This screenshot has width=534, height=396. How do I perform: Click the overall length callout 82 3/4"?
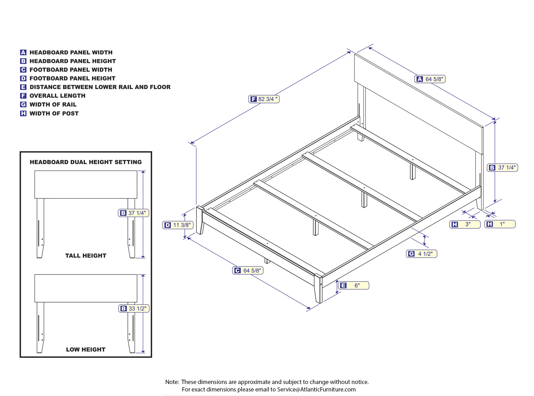coord(264,99)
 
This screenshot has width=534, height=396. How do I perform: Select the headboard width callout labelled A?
coord(430,79)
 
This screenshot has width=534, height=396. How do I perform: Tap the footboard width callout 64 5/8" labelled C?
coord(248,271)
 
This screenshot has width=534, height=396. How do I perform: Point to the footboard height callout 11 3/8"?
coord(178,225)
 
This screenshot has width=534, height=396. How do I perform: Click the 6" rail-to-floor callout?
coord(354,286)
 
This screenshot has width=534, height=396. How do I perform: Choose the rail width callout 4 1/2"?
coord(422,254)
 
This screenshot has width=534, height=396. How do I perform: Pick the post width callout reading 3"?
coord(465,224)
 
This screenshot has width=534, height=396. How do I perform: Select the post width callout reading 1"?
coord(500,224)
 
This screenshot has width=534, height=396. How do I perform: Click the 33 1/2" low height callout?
coord(134,309)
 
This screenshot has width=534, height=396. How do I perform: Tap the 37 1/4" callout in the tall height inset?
coord(133,213)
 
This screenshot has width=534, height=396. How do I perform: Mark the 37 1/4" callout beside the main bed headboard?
coord(502,168)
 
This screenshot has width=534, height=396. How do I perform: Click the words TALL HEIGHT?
coord(86,256)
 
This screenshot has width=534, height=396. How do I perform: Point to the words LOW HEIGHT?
coord(86,350)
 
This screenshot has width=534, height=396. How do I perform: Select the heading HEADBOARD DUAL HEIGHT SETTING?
coord(86,162)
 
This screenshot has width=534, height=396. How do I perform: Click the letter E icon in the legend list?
coord(23,87)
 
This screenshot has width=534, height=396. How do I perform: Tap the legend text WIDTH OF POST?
coord(54,114)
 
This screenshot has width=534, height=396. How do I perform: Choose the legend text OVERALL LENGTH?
coord(57,96)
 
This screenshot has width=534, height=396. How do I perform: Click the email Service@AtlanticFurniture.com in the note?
coord(316,390)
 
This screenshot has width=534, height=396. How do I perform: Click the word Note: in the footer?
coord(172,382)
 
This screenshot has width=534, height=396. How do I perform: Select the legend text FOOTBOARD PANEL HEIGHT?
coord(72,78)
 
